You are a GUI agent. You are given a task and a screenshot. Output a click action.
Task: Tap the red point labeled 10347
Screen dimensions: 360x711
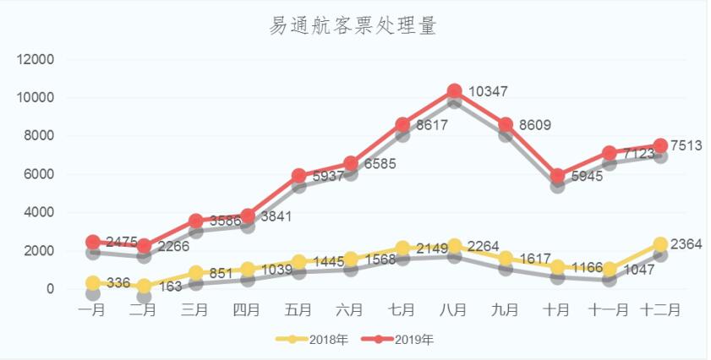pyautogui.click(x=454, y=91)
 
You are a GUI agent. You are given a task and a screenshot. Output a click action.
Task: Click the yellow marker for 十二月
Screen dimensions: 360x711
pyautogui.click(x=660, y=245)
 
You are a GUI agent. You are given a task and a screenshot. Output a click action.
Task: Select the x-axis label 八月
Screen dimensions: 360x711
pyautogui.click(x=453, y=310)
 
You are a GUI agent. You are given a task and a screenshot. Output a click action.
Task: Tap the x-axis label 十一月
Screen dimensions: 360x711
pyautogui.click(x=608, y=310)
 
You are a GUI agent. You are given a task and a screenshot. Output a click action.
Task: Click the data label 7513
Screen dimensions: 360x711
pyautogui.click(x=687, y=145)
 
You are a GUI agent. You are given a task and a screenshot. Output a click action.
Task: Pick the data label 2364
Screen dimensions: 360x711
pyautogui.click(x=687, y=244)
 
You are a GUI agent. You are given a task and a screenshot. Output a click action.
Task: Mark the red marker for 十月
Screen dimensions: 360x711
pyautogui.click(x=557, y=177)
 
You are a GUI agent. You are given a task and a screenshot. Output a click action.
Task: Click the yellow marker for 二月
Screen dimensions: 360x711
pyautogui.click(x=145, y=286)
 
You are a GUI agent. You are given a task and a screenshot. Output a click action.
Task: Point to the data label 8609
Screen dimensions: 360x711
pyautogui.click(x=534, y=125)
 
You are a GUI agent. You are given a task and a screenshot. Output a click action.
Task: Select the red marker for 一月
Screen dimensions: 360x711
pyautogui.click(x=93, y=243)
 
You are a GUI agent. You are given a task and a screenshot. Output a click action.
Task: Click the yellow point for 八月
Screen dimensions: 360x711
pyautogui.click(x=454, y=246)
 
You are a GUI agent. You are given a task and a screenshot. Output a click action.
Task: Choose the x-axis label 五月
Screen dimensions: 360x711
pyautogui.click(x=298, y=310)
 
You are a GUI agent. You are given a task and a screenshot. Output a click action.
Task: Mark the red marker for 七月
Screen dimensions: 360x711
pyautogui.click(x=402, y=125)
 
